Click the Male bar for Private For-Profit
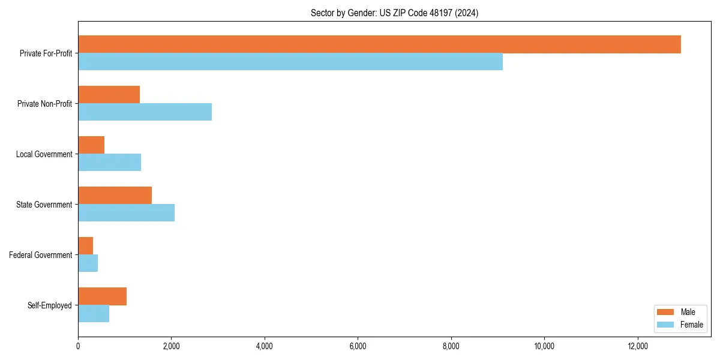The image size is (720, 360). [379, 44]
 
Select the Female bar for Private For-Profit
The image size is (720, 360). [290, 62]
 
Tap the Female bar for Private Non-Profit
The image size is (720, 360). [145, 112]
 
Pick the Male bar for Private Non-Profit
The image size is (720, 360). [109, 95]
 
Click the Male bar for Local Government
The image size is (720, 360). [91, 145]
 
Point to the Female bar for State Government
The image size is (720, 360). [126, 213]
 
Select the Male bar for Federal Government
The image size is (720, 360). [85, 246]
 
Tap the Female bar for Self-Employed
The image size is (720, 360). [94, 314]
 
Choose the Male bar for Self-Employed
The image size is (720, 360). [102, 296]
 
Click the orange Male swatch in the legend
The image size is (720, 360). [666, 312]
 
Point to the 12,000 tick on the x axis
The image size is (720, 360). [637, 346]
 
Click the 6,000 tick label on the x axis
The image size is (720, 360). [358, 346]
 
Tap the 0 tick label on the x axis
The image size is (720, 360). [78, 346]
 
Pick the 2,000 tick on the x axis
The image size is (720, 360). [171, 346]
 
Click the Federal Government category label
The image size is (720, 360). [40, 255]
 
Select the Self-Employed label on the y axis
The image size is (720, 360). [49, 305]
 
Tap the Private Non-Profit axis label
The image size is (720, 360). [44, 104]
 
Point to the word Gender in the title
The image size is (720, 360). [362, 13]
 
